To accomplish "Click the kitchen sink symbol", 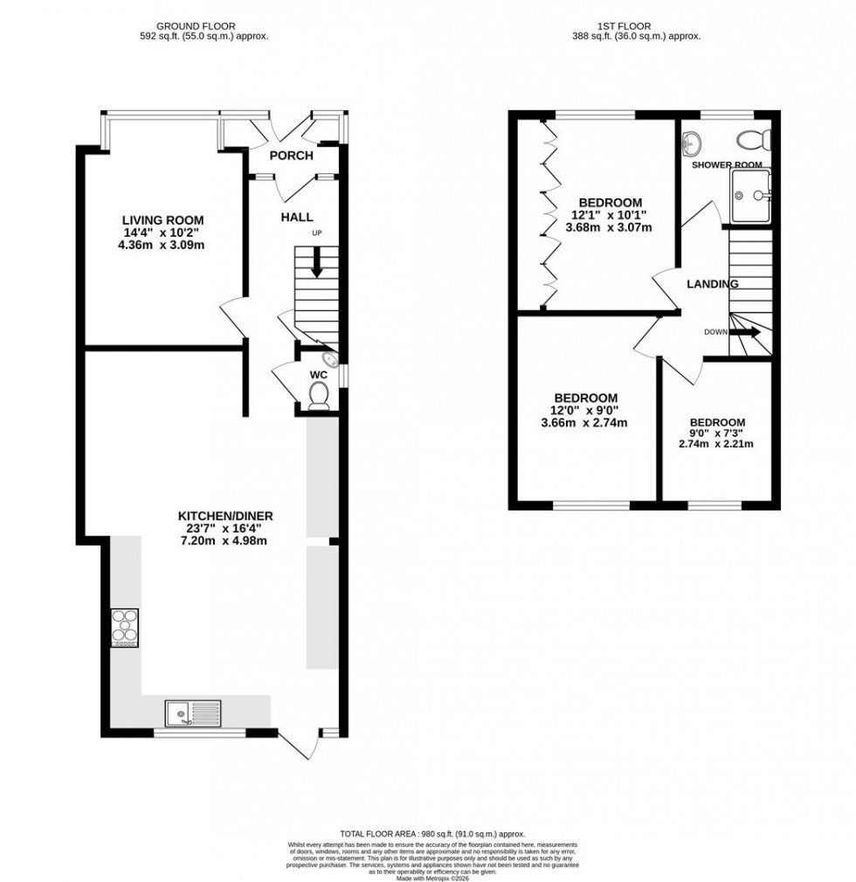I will (x=192, y=713).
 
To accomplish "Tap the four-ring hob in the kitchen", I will (x=124, y=628).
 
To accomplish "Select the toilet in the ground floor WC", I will (x=319, y=396).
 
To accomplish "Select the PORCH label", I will (x=291, y=156).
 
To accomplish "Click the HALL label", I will (x=297, y=217).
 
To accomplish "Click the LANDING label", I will (x=713, y=283).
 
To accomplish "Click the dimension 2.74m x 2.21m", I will (x=716, y=444).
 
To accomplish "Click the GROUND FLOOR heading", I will (x=204, y=26).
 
